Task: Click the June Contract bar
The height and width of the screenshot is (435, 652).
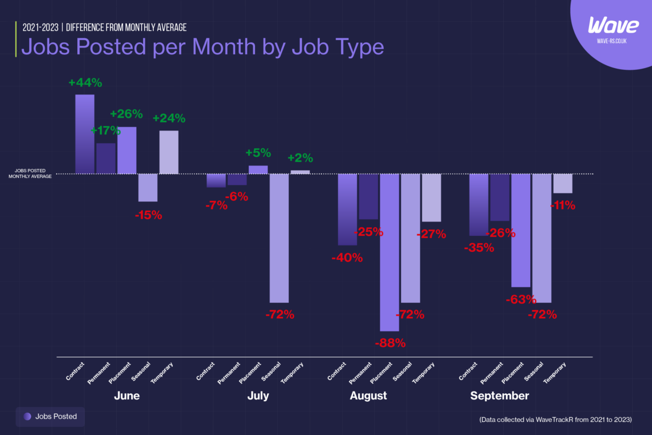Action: (85, 134)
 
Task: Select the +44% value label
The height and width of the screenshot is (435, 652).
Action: (85, 82)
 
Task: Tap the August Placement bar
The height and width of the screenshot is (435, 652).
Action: (389, 252)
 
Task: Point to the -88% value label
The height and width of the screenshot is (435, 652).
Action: (390, 343)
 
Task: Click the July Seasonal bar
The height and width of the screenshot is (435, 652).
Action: (279, 238)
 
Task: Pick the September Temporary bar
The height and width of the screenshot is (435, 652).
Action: (563, 183)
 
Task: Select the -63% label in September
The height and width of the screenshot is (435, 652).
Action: (520, 299)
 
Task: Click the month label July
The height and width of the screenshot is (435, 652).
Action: (258, 396)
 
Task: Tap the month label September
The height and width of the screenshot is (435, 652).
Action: (499, 396)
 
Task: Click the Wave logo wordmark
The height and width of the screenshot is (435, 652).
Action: (613, 26)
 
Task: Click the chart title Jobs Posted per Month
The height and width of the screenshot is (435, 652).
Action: (202, 47)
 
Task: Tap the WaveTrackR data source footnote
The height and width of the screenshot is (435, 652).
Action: (555, 420)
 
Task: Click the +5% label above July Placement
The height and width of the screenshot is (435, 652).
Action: (258, 153)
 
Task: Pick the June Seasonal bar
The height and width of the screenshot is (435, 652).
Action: (148, 187)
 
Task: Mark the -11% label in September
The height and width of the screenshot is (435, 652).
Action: (563, 205)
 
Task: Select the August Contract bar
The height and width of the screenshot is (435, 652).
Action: (347, 209)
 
